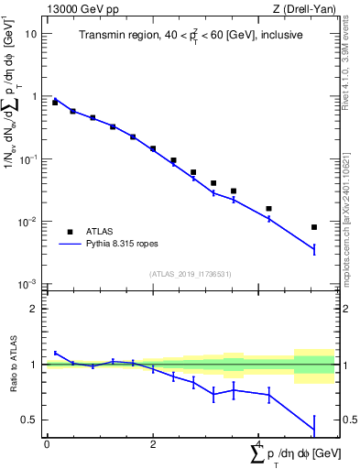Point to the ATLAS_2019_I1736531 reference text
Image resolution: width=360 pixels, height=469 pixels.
point(189,274)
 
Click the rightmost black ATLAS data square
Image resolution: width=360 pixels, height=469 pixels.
point(314,227)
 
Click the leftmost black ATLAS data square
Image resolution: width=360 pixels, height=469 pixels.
point(55,103)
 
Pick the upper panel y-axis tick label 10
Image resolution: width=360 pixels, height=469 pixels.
point(30,33)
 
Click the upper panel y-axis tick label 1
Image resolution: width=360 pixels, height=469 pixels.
point(33,96)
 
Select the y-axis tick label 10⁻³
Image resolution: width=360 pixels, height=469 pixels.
point(28,285)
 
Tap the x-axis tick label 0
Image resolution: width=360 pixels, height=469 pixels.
point(47,443)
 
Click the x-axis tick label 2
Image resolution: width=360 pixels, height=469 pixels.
point(153,443)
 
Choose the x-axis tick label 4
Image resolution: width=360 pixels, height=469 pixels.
point(258,443)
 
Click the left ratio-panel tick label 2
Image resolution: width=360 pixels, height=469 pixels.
point(33,309)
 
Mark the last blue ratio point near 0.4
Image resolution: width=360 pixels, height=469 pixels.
point(314,430)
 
